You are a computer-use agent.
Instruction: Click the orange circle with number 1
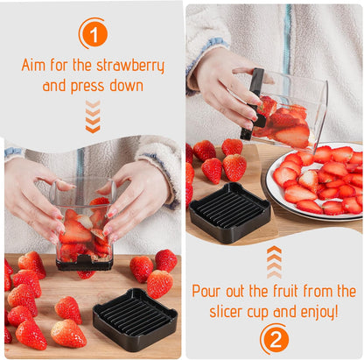tap(93, 33)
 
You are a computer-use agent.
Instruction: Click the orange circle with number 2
tap(273, 338)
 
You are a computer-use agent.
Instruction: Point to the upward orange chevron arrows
tap(274, 261)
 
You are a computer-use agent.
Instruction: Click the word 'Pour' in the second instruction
tap(208, 291)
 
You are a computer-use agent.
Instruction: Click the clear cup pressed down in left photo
tap(84, 223)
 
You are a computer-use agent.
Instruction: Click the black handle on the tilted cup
tap(254, 101)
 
